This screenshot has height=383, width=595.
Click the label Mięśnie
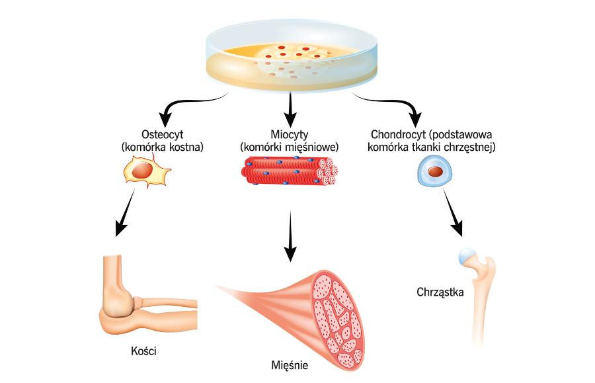pos(290,365)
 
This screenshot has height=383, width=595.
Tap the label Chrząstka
pos(441,291)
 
